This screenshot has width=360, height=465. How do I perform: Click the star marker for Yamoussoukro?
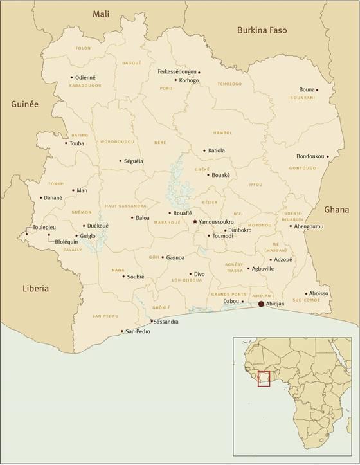coord(195,221)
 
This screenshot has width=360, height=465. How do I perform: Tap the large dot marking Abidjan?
coord(261,304)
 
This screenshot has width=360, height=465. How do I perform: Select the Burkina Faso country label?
coord(262,30)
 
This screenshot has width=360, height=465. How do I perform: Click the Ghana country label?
coord(336,210)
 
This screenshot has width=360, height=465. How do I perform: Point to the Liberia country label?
coord(35,289)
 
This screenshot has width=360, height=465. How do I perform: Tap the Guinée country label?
coord(24,104)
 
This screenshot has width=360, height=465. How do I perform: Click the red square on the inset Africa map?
coord(265,379)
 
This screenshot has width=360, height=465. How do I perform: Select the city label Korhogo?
coord(190,80)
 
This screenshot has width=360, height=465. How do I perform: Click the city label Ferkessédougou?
coord(177,72)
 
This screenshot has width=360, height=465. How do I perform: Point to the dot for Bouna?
coord(335,89)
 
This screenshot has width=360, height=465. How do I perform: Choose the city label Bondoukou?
coord(310,156)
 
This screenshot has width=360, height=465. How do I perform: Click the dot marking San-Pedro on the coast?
coord(122,332)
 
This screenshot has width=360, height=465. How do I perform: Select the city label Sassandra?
coord(166,321)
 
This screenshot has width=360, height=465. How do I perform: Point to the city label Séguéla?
coord(134,161)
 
